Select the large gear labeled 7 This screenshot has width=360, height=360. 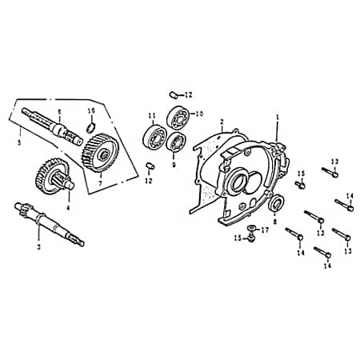101,150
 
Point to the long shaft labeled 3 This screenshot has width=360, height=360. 48,223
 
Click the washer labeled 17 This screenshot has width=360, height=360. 251,230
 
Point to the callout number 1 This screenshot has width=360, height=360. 277,117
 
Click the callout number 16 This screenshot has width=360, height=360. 91,110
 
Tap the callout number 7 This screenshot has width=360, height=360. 100,183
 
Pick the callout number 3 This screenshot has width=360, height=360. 38,247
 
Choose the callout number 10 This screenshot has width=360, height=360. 200,114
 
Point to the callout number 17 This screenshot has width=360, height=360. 265,230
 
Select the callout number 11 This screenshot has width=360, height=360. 151,117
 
